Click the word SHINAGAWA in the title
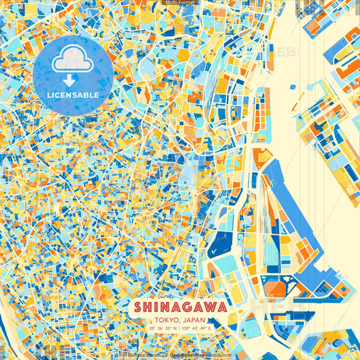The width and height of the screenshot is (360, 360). click(180, 307)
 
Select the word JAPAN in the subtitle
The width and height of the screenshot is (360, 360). click(194, 319)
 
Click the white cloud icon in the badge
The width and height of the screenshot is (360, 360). click(72, 61)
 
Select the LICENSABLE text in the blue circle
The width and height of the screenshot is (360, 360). click(72, 95)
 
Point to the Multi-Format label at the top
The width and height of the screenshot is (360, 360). click(180, 3)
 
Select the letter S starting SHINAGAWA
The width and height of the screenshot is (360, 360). click(138, 307)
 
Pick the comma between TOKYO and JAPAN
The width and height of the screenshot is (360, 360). click(179, 320)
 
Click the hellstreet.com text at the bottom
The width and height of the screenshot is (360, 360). click(143, 354)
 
